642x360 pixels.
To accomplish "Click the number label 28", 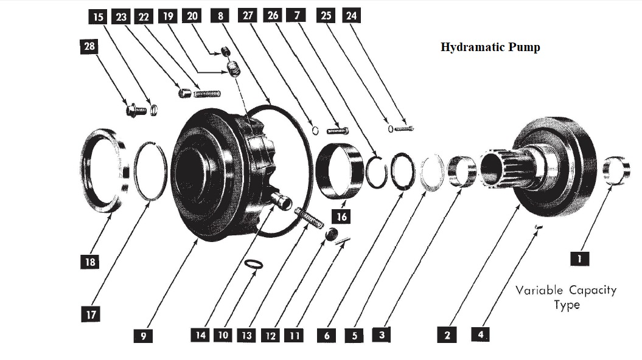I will pos(88,47).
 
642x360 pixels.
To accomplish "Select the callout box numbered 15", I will pos(97,16).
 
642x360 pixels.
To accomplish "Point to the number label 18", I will pos(90,262).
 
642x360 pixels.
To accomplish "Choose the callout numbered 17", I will pos(90,314).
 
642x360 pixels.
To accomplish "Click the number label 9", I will pos(143,336).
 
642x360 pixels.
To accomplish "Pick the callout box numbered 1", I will pos(579,259).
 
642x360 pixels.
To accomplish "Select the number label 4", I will pos(481,334).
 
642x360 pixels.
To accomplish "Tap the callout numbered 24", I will pos(351,15).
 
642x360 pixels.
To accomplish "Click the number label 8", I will pos(220,16).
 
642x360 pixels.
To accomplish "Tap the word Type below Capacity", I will pos(567,305).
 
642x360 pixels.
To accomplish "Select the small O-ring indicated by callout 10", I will pos(254,265).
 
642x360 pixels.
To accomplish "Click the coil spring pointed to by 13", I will pos(310,217).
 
